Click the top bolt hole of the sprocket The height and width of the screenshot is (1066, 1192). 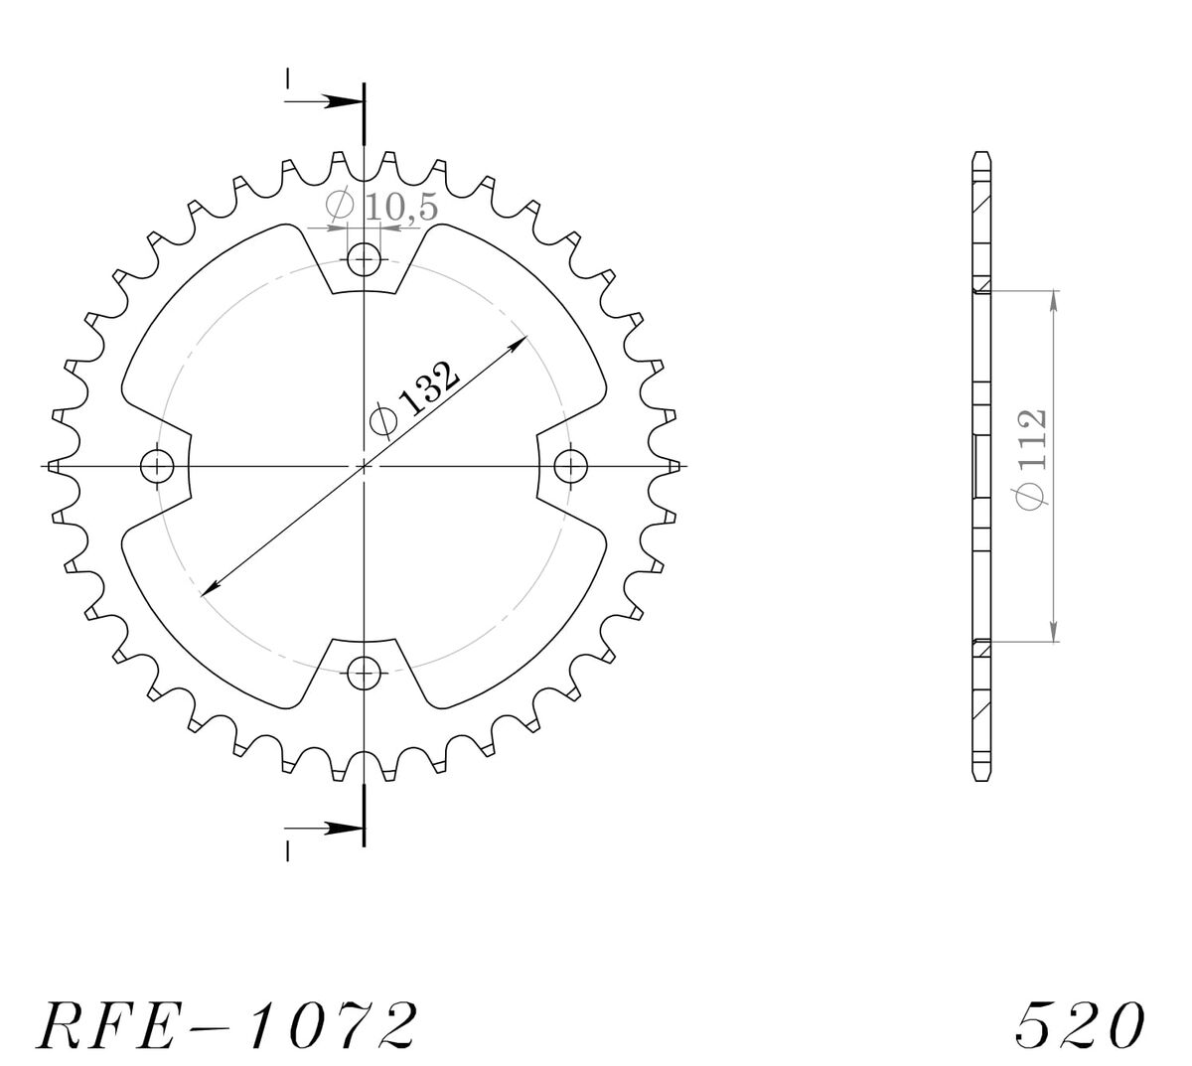tap(364, 259)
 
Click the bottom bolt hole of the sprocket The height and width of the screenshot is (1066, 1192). tap(364, 673)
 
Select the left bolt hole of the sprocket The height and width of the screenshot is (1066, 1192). tap(157, 466)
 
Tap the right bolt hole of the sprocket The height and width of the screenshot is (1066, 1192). tap(571, 466)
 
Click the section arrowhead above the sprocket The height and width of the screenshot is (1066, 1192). tap(344, 101)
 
